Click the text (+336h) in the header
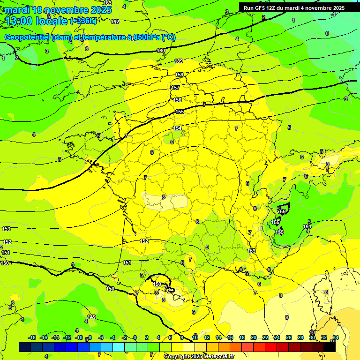(x=83, y=21)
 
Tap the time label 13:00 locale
(x=37, y=21)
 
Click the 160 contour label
(x=161, y=51)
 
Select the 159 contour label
(x=179, y=61)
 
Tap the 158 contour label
(x=179, y=75)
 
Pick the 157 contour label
(x=175, y=88)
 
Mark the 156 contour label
(x=177, y=100)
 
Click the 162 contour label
(x=115, y=22)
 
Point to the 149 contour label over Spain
(x=91, y=317)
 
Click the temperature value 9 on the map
(x=287, y=317)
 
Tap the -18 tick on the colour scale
(x=32, y=337)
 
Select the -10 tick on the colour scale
(x=79, y=337)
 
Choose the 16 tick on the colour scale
(x=230, y=337)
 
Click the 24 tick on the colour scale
(x=277, y=337)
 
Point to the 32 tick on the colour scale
(x=323, y=337)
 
